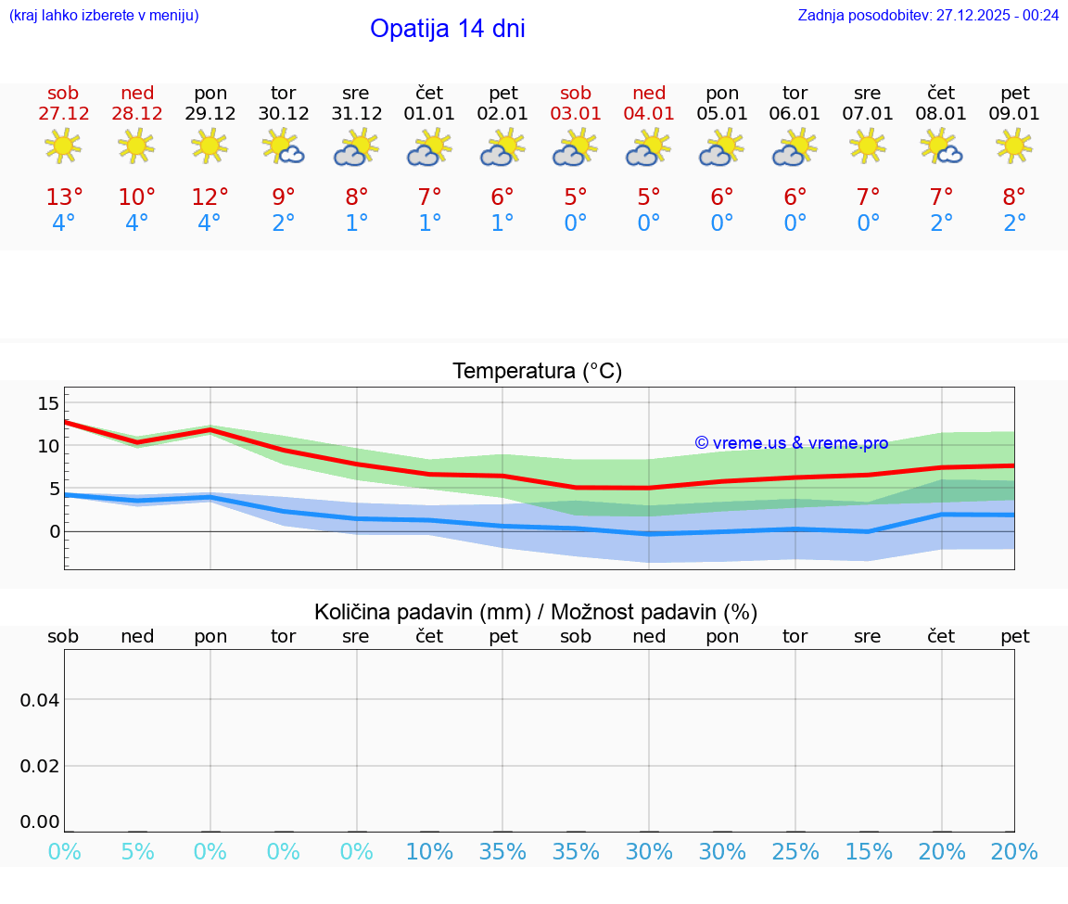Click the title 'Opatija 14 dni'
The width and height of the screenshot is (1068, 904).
click(448, 29)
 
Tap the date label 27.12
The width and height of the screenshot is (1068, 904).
click(63, 113)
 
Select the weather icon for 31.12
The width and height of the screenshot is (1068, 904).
click(356, 148)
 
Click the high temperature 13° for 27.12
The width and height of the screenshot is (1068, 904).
click(64, 197)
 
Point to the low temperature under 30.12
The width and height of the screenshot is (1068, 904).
click(283, 223)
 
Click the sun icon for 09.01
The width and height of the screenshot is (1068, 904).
click(1014, 146)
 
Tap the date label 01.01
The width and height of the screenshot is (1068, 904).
click(429, 113)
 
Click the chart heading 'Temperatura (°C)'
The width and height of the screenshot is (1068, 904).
click(538, 371)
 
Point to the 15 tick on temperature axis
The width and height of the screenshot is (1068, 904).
click(48, 403)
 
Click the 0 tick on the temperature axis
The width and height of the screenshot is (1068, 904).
click(54, 531)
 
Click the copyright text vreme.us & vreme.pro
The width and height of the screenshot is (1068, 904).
click(792, 443)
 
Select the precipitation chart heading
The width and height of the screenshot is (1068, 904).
click(536, 612)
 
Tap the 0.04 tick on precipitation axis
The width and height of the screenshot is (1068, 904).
click(40, 700)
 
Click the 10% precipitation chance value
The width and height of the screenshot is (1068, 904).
click(429, 851)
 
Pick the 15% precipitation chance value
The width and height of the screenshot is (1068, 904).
click(869, 851)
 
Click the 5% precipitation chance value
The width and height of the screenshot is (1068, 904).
click(137, 851)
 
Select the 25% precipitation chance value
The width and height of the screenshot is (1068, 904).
click(795, 851)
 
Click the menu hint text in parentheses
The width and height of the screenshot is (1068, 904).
click(104, 15)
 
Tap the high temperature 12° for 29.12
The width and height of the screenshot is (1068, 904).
click(210, 197)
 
